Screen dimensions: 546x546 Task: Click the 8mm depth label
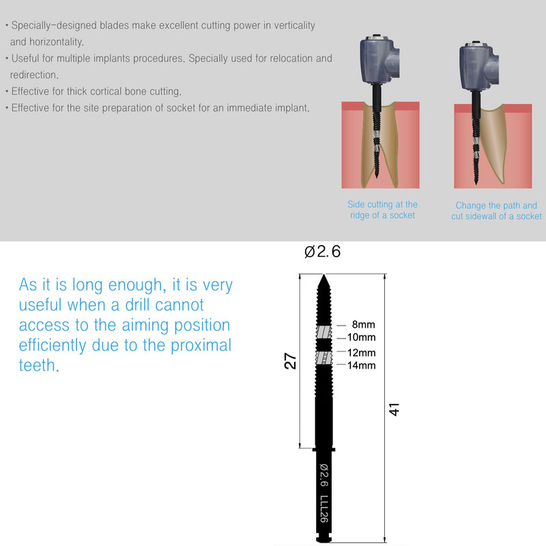(x=364, y=326)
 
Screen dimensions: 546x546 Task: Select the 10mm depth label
(x=362, y=338)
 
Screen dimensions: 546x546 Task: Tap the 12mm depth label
(x=362, y=354)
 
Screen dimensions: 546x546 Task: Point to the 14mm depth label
(x=362, y=366)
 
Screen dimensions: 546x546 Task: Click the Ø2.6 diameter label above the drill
(x=322, y=252)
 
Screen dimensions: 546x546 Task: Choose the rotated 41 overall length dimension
(x=394, y=410)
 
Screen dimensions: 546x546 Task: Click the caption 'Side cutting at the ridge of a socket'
(x=382, y=210)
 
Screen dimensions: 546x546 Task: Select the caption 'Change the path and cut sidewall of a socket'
(x=496, y=210)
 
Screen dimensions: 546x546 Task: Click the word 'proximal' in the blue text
(x=197, y=345)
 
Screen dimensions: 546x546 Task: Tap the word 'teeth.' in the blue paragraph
(x=40, y=365)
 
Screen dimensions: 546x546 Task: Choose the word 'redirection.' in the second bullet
(x=34, y=74)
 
